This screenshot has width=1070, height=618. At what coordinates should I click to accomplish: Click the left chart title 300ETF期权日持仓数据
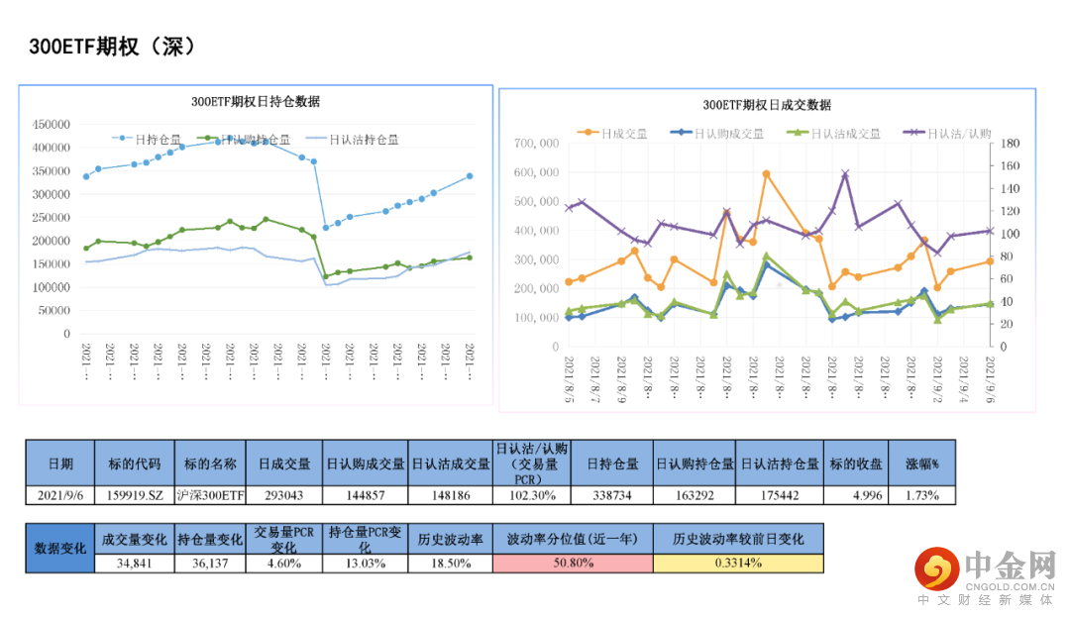pyautogui.click(x=256, y=101)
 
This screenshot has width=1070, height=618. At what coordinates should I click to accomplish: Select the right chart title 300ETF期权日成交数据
pyautogui.click(x=767, y=104)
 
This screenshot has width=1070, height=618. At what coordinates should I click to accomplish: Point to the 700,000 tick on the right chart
pyautogui.click(x=539, y=144)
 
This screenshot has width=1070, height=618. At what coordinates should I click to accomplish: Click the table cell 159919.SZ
pyautogui.click(x=134, y=494)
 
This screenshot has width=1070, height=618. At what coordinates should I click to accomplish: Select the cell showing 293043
pyautogui.click(x=284, y=494)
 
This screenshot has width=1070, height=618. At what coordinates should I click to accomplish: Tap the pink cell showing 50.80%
pyautogui.click(x=573, y=563)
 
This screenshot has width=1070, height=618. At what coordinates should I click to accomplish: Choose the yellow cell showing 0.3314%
pyautogui.click(x=738, y=563)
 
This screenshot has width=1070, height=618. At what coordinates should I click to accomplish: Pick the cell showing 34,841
pyautogui.click(x=134, y=563)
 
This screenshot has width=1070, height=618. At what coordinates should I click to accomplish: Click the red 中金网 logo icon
pyautogui.click(x=934, y=568)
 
